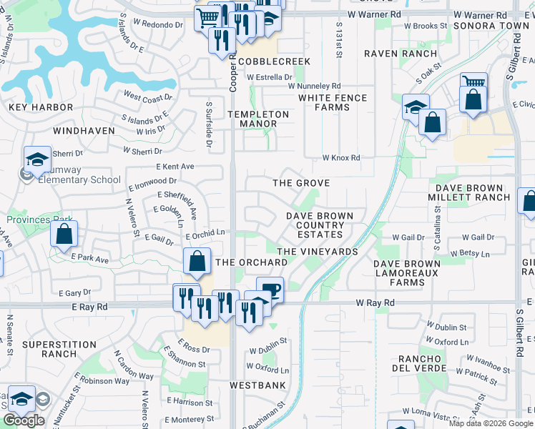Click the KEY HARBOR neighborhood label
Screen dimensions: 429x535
pos(41,107)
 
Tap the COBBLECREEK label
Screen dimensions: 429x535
pos(275,62)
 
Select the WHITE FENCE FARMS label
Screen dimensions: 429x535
pos(333,103)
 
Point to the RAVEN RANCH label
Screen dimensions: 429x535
pos(400,54)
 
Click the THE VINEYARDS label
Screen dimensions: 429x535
pos(317,252)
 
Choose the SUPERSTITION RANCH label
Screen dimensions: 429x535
pos(49,349)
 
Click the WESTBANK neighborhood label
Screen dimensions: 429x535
pos(257,385)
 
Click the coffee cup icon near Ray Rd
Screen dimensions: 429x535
pos(270,290)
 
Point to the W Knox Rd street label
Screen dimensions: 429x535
pos(340,158)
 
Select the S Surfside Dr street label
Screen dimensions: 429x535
pos(210,125)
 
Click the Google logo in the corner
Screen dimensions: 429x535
pos(24,420)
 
